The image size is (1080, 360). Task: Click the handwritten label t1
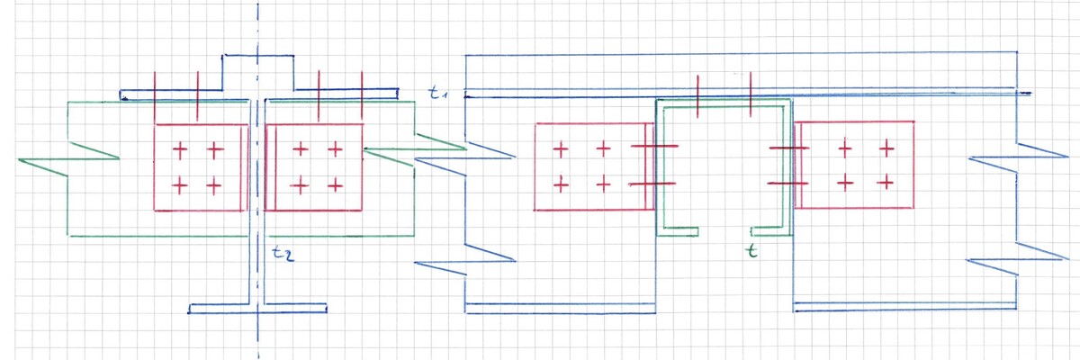pyautogui.click(x=437, y=94)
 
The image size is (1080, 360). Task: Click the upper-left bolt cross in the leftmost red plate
pyautogui.click(x=179, y=148)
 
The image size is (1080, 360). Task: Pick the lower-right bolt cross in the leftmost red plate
pyautogui.click(x=213, y=186)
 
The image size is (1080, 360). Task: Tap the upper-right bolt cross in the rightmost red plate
pyautogui.click(x=887, y=147)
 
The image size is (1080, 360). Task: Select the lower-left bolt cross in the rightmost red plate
pyautogui.click(x=844, y=184)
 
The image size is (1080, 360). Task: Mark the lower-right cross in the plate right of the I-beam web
pyautogui.click(x=335, y=186)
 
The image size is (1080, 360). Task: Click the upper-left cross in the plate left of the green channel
pyautogui.click(x=560, y=148)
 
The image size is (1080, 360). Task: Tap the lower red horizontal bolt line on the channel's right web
pyautogui.click(x=789, y=183)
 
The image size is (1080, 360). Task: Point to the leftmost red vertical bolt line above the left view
pyautogui.click(x=156, y=94)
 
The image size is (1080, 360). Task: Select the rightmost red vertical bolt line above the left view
pyautogui.click(x=361, y=94)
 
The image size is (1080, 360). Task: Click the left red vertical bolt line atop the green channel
pyautogui.click(x=699, y=95)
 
